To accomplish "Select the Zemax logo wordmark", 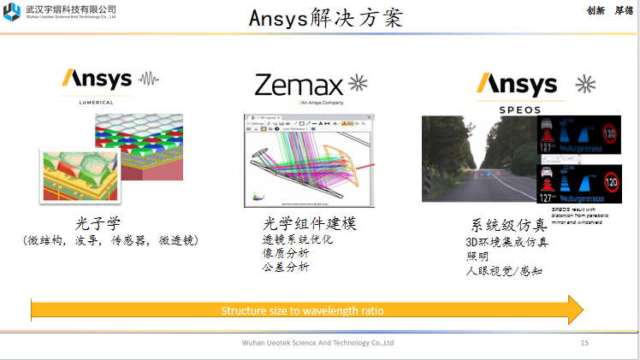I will point(299,84).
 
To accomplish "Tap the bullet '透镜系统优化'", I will point(297,240).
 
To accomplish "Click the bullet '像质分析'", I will point(286,254).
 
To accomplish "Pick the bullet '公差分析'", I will point(286,268).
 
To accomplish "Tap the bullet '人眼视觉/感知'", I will point(504,271).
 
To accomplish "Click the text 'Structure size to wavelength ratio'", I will point(303,310).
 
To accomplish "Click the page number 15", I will point(585,343).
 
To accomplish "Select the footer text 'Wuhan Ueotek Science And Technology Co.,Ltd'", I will point(318,343).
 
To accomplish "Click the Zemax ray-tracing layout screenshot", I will point(308,161).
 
